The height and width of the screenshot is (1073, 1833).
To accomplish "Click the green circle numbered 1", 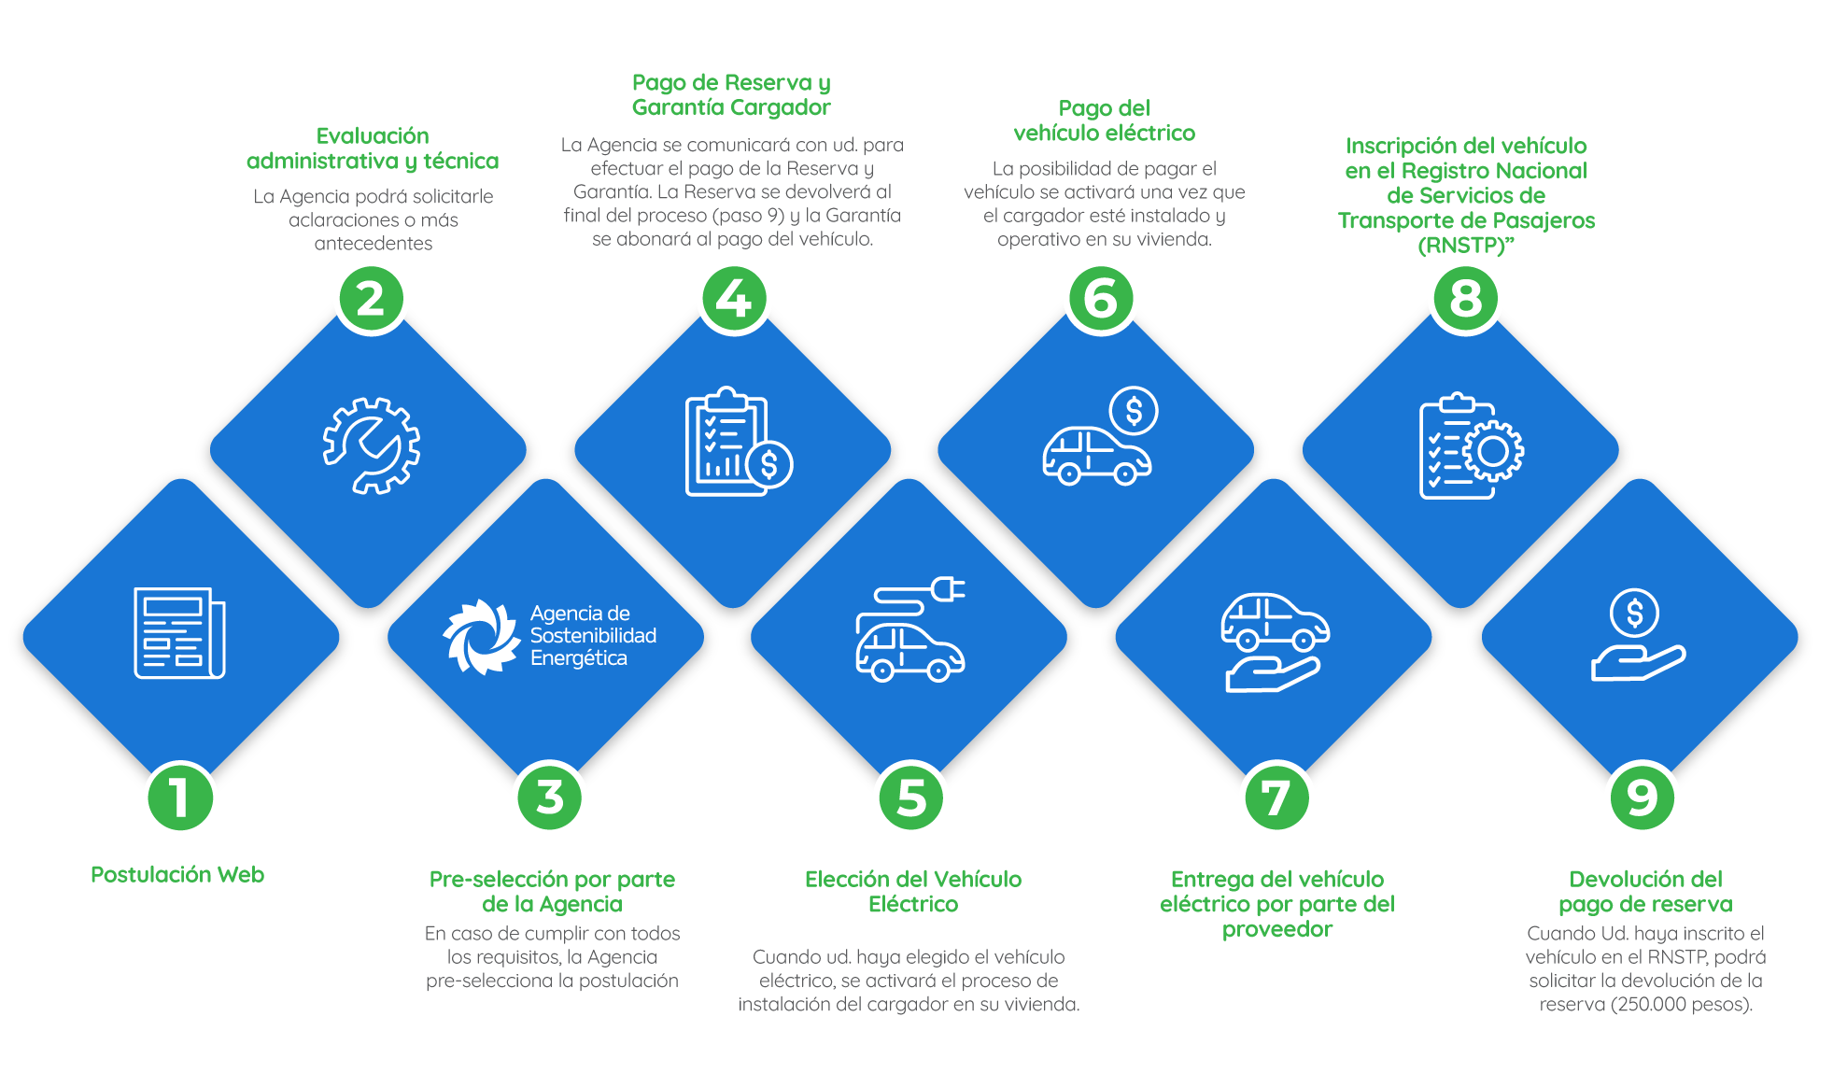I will (x=180, y=798).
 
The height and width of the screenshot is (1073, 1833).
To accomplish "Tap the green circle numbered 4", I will (x=733, y=299).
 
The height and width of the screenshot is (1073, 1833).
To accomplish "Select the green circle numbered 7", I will (x=1276, y=798).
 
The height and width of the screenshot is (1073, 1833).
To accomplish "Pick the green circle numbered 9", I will (x=1642, y=798).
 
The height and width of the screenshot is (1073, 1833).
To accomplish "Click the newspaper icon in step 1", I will (x=179, y=633).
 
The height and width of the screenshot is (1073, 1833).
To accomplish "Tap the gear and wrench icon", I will (x=371, y=445).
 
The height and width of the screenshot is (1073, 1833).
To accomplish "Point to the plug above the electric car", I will (x=947, y=589).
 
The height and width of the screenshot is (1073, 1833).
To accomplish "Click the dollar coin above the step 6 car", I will (x=1134, y=411).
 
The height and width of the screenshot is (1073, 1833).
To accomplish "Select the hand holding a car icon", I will (x=1275, y=642).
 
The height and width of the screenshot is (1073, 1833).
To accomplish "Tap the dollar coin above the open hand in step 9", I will (x=1634, y=613).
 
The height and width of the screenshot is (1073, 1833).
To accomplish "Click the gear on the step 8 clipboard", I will (x=1492, y=451).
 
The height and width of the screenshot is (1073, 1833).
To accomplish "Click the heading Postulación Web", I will (x=177, y=875).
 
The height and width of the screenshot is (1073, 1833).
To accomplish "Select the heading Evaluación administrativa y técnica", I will (x=373, y=148).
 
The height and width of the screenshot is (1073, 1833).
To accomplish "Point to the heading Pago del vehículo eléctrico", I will (x=1104, y=120).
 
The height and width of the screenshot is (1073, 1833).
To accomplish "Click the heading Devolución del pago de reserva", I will (x=1645, y=892).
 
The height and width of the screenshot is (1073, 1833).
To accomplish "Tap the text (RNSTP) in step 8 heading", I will (x=1462, y=246).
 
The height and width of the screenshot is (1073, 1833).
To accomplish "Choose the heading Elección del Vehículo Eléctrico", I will (x=913, y=892).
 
